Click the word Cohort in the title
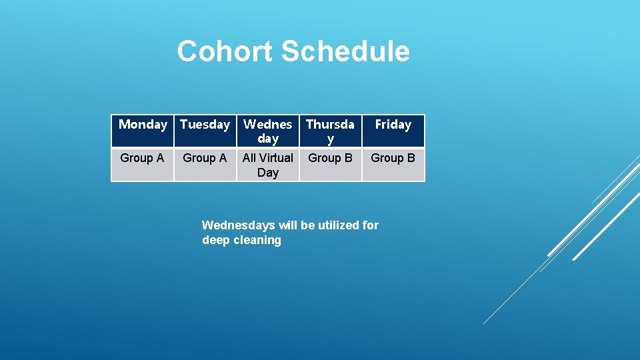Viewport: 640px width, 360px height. pyautogui.click(x=225, y=51)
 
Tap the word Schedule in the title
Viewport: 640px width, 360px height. pyautogui.click(x=345, y=51)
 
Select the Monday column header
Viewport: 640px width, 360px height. pyautogui.click(x=143, y=125)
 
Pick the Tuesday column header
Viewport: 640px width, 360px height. pyautogui.click(x=205, y=125)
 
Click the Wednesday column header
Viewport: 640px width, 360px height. pyautogui.click(x=267, y=131)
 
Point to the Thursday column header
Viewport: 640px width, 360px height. pyautogui.click(x=330, y=131)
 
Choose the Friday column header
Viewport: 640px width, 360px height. pyautogui.click(x=393, y=125)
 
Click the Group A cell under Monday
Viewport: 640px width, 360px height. pyautogui.click(x=142, y=158)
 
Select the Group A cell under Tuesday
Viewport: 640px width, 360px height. pyautogui.click(x=205, y=158)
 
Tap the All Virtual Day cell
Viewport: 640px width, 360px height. pyautogui.click(x=267, y=165)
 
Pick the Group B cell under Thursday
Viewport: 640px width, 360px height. pyautogui.click(x=330, y=158)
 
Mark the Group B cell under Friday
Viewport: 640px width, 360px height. pyautogui.click(x=393, y=158)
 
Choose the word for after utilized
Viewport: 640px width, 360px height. pyautogui.click(x=371, y=225)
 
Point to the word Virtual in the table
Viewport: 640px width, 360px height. pyautogui.click(x=277, y=158)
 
